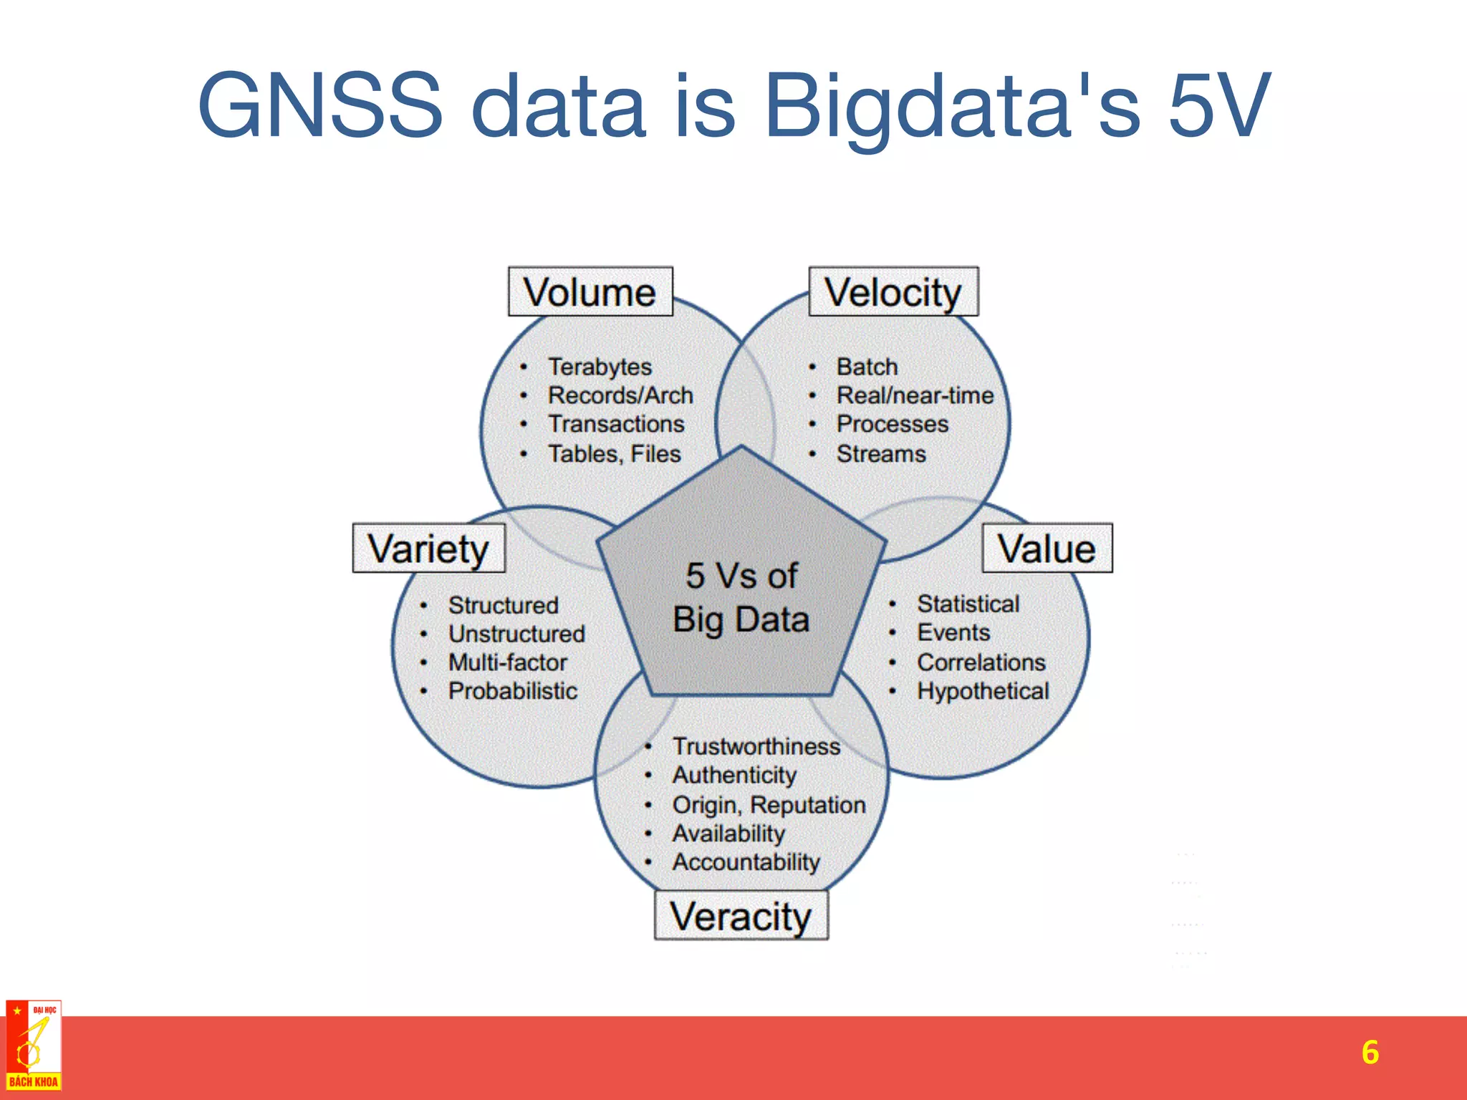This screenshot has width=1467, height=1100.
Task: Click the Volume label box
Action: pyautogui.click(x=590, y=291)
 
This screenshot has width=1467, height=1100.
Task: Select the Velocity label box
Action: pyautogui.click(x=893, y=291)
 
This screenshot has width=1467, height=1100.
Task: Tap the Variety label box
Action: pyautogui.click(x=428, y=549)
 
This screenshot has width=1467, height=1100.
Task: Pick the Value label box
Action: pyautogui.click(x=1047, y=549)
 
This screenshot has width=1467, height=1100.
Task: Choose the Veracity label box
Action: pyautogui.click(x=741, y=916)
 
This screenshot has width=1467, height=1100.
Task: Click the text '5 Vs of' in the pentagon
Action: pyautogui.click(x=741, y=576)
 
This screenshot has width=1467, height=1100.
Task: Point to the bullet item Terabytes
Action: pyautogui.click(x=600, y=367)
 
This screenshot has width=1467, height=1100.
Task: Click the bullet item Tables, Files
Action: pyautogui.click(x=614, y=454)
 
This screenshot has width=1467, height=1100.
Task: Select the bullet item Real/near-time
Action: pyautogui.click(x=915, y=395)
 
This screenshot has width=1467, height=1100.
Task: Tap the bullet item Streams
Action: pyautogui.click(x=881, y=454)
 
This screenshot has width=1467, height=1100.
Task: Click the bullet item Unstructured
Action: pyautogui.click(x=516, y=634)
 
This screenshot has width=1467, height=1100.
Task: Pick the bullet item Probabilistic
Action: pyautogui.click(x=513, y=691)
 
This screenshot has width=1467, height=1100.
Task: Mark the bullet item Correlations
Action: pyautogui.click(x=981, y=662)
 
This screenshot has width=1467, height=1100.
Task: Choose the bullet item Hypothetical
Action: pyautogui.click(x=983, y=691)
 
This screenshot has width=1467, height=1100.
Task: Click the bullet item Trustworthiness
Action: pyautogui.click(x=756, y=746)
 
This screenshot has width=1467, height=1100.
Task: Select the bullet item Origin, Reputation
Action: pyautogui.click(x=769, y=805)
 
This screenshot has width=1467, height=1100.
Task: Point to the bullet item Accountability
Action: pyautogui.click(x=746, y=862)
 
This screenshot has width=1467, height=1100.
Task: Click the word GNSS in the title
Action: pyautogui.click(x=320, y=105)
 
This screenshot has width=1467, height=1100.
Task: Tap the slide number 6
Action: pyautogui.click(x=1370, y=1052)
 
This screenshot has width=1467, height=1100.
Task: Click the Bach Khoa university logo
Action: pyautogui.click(x=33, y=1046)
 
